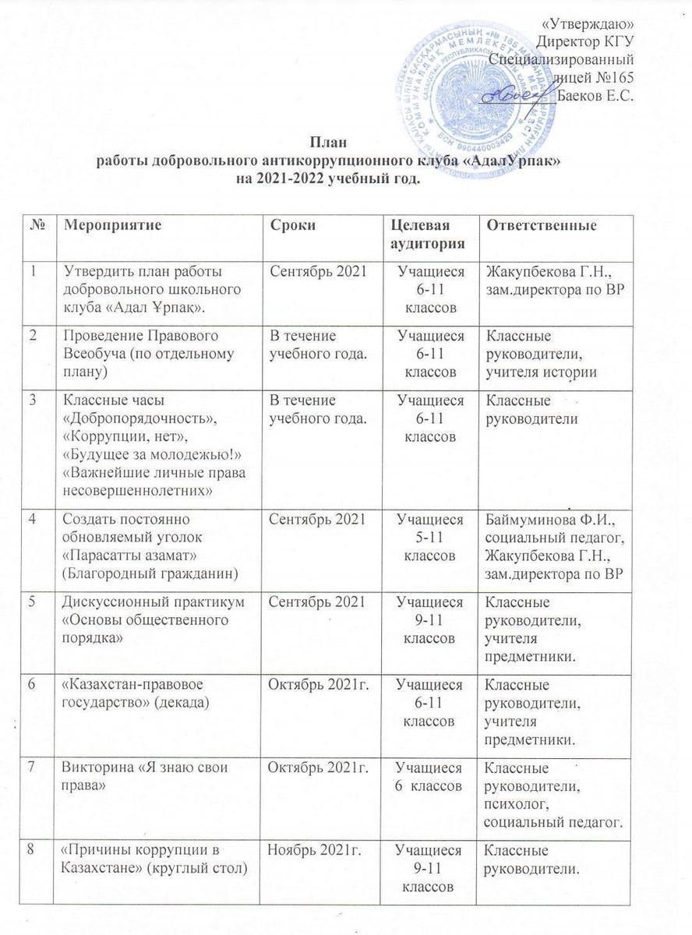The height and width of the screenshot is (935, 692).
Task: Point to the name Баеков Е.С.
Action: click(x=598, y=96)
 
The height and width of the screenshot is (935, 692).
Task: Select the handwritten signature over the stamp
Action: click(x=515, y=93)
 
